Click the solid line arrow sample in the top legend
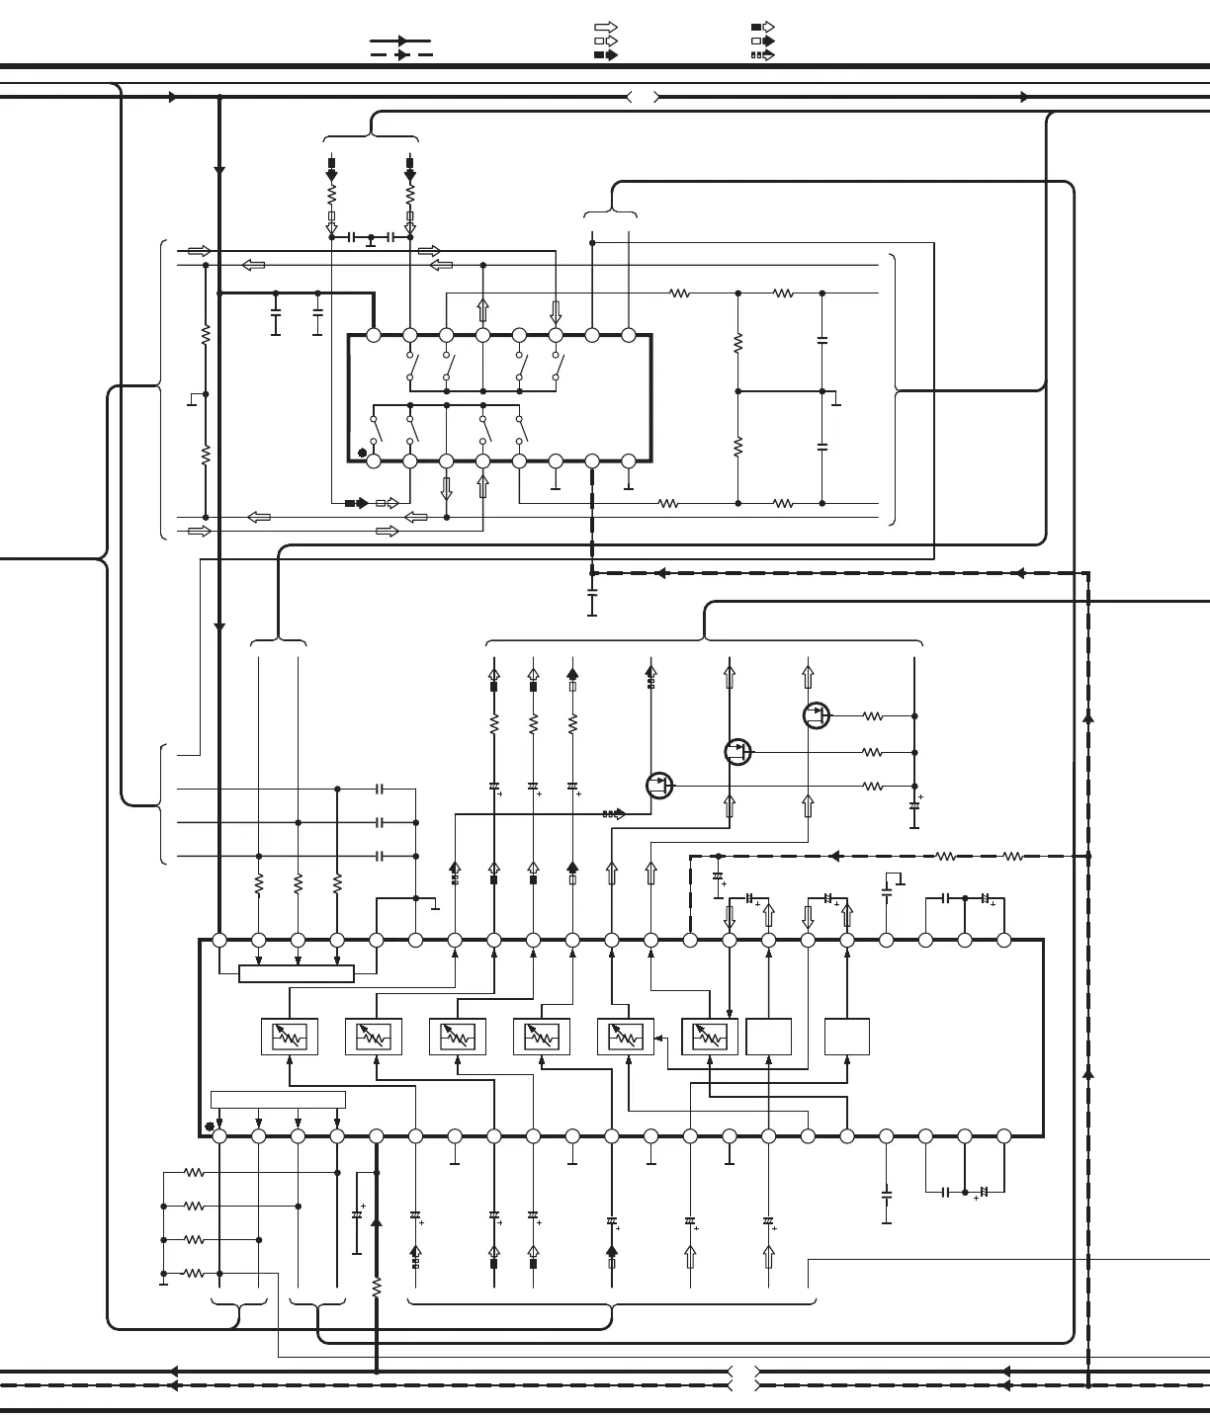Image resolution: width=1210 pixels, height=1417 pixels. click(x=400, y=42)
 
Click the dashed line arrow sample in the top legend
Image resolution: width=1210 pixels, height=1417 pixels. click(x=400, y=55)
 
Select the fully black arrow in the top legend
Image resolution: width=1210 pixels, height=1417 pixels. click(x=762, y=28)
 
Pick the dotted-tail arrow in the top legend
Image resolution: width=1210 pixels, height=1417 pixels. click(x=762, y=55)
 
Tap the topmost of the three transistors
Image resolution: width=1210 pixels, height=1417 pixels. click(x=817, y=715)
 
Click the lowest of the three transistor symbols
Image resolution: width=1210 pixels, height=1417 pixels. click(x=659, y=786)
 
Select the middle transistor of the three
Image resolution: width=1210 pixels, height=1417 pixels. click(x=737, y=752)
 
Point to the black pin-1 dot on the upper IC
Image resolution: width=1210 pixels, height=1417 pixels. click(x=362, y=455)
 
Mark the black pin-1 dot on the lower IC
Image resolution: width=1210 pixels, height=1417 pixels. click(x=209, y=1126)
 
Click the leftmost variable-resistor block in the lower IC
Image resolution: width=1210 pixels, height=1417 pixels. click(x=290, y=1037)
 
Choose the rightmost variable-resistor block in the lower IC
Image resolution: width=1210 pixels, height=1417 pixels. click(x=710, y=1037)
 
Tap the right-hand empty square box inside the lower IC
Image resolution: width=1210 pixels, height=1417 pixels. click(x=847, y=1037)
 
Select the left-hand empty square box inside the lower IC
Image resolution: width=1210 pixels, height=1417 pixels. click(x=768, y=1037)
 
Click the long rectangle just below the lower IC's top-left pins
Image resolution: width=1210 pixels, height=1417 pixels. click(x=297, y=974)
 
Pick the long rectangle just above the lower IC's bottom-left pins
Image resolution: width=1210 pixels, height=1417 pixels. click(x=279, y=1100)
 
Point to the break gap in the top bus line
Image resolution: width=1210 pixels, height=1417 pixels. click(x=644, y=97)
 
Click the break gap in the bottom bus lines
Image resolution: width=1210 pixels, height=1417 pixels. click(x=743, y=1378)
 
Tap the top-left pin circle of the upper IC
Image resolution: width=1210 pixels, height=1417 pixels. click(x=374, y=336)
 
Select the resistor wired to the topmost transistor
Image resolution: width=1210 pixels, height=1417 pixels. click(x=872, y=716)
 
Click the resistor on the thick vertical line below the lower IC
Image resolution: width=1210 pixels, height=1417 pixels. click(x=376, y=1287)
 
